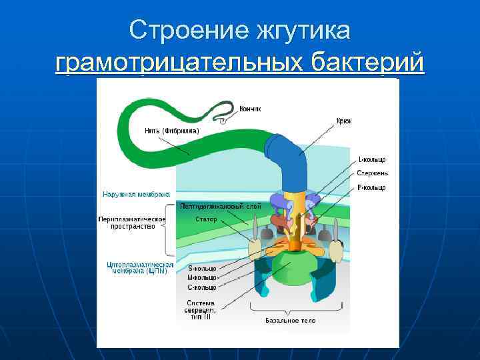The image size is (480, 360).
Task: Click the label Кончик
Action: pos(251,109)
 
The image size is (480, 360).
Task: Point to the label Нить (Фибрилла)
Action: pos(171,131)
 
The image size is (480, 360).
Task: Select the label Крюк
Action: pos(344,121)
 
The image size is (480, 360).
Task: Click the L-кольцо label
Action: pos(372,160)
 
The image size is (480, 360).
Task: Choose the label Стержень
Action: pos(372,173)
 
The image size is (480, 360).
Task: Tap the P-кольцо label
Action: pos(372,188)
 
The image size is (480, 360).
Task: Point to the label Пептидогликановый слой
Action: pos(221,207)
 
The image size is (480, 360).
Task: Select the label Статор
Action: pos(206,219)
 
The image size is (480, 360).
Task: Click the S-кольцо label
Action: pos(202,269)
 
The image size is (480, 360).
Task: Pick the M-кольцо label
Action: pos(202,278)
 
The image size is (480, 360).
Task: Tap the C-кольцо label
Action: pos(202,287)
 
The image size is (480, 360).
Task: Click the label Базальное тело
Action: pos(291,321)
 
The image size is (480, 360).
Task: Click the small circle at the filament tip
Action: pos(224,121)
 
